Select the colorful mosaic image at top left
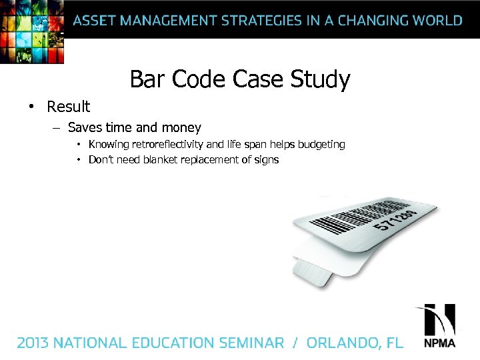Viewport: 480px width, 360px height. click(32, 31)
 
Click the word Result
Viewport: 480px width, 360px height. click(68, 107)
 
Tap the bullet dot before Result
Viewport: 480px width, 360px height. click(30, 107)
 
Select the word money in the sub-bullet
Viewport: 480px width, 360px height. click(181, 127)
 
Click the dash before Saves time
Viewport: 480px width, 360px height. click(57, 127)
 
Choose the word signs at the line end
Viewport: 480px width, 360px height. click(265, 160)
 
